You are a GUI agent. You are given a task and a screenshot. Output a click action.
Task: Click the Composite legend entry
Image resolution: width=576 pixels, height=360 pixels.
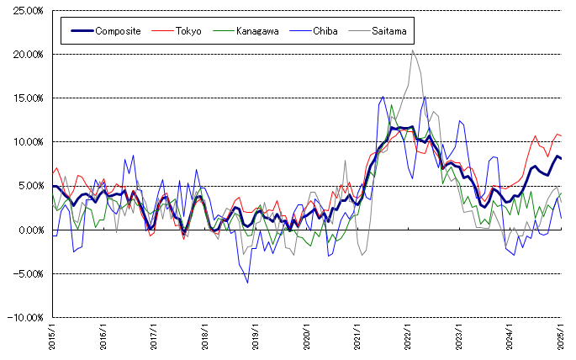point(118,31)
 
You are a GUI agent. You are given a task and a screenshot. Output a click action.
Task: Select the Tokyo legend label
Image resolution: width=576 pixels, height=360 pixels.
point(188,31)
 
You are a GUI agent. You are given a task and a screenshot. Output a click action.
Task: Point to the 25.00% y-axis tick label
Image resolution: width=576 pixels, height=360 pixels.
point(29,11)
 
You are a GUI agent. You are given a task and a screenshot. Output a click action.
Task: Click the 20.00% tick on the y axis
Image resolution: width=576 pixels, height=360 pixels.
point(29,55)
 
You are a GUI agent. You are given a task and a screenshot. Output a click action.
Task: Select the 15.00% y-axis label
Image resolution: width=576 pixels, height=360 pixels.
point(29,98)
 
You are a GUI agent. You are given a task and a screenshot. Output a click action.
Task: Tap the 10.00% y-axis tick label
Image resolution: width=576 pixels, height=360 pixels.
point(29,142)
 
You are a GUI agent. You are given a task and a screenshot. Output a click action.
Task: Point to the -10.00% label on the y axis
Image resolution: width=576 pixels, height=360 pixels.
point(27,317)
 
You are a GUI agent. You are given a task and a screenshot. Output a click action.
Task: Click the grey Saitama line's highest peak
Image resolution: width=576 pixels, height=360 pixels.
point(412,50)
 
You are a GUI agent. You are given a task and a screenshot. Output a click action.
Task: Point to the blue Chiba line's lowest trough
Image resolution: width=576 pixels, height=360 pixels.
point(247,283)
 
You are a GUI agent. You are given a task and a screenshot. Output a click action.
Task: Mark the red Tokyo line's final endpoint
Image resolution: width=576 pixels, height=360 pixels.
point(561,135)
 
